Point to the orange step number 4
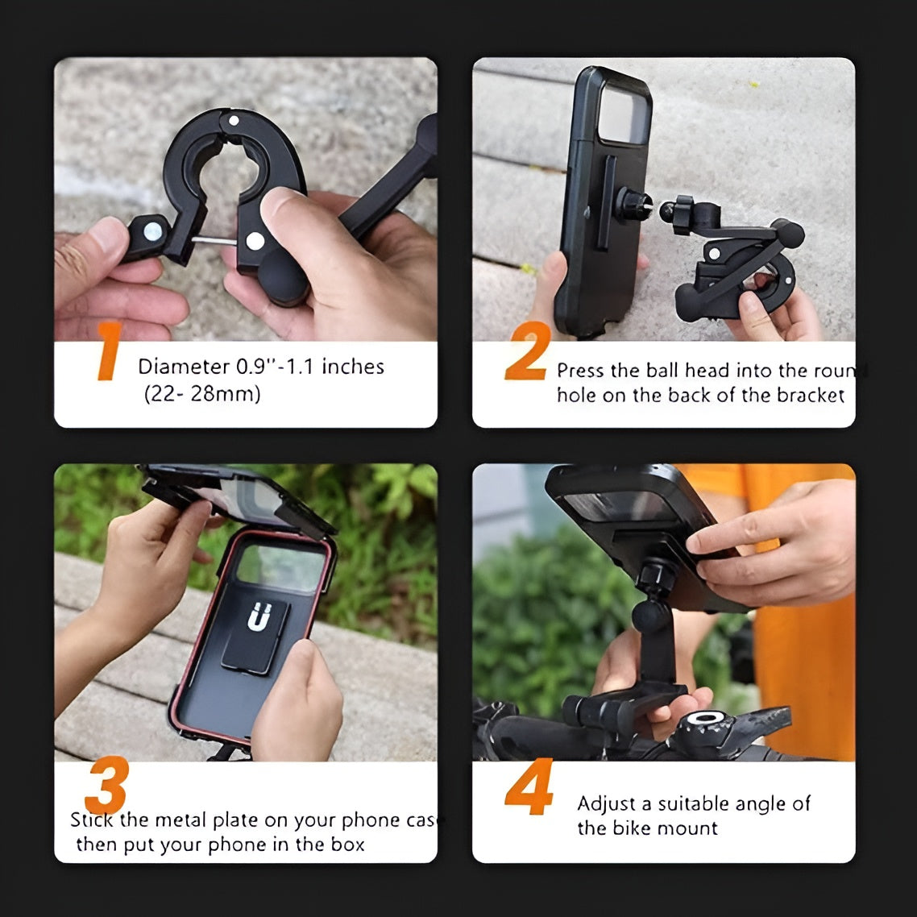pos(529,787)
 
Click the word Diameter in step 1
pos(184,367)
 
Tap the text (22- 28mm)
pos(202,394)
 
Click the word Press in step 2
pos(580,371)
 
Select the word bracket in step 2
pos(811,395)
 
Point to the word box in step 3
pos(347,844)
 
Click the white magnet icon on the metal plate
pos(257,617)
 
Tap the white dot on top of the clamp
pos(233,121)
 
